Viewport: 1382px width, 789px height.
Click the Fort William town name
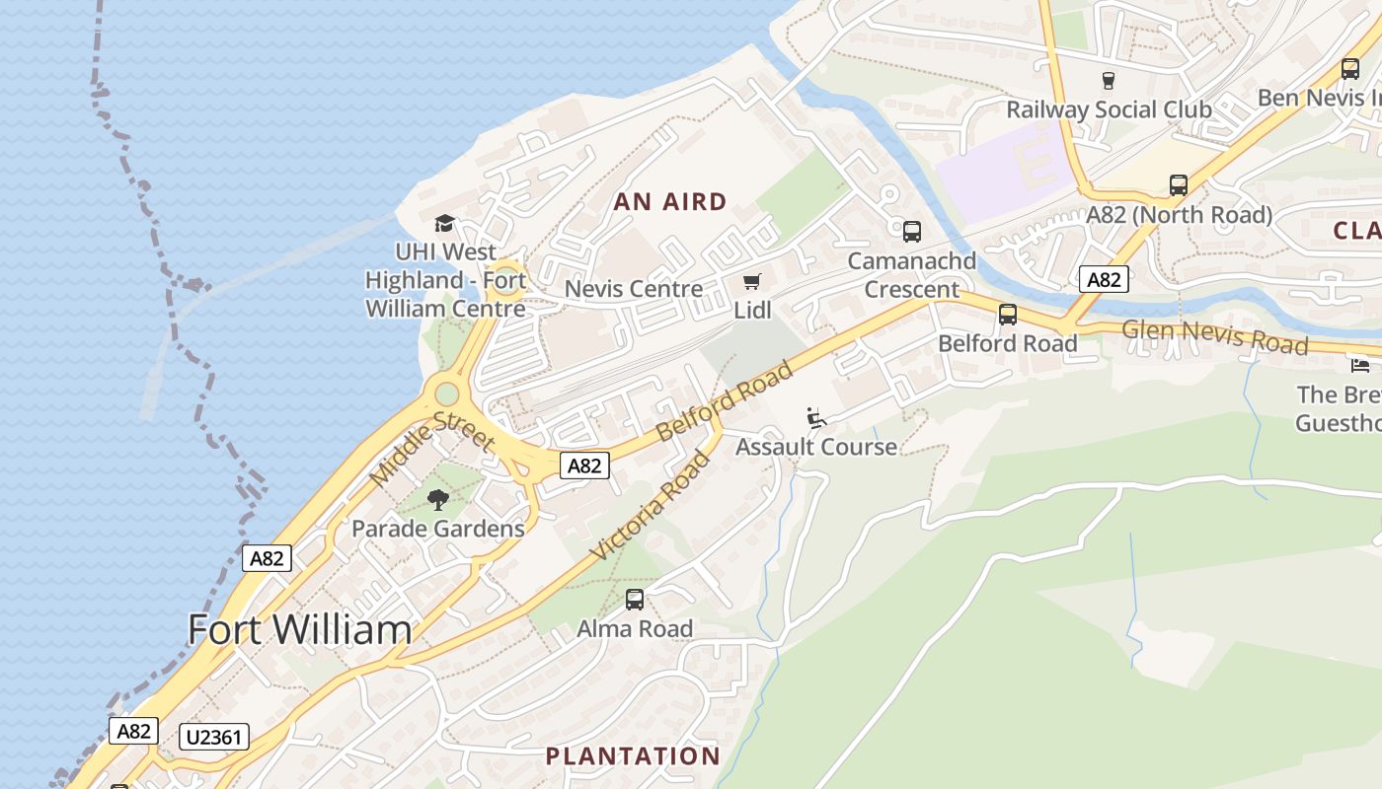[x=299, y=629]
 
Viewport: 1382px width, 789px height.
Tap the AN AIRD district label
[x=670, y=202]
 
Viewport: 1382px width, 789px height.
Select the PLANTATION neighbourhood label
[x=633, y=756]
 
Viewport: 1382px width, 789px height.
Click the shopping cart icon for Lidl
[x=752, y=282]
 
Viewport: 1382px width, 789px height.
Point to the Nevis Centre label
[x=634, y=289]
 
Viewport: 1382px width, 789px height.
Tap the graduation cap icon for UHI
[x=444, y=224]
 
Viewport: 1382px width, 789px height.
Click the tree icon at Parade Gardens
[x=438, y=500]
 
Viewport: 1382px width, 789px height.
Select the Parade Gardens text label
[x=438, y=529]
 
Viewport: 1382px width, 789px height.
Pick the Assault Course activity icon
[x=816, y=419]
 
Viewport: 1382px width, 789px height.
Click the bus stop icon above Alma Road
[x=635, y=599]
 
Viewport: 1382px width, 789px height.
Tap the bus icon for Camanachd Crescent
[x=912, y=232]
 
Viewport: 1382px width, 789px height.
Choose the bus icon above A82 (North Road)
[x=1179, y=185]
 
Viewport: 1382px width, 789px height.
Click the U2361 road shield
[x=214, y=736]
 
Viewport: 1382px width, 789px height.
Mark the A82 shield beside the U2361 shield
[x=133, y=731]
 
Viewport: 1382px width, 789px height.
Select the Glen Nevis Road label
[x=1215, y=335]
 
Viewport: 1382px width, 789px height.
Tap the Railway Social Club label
[x=1109, y=109]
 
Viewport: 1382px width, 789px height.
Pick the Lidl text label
[x=752, y=311]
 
